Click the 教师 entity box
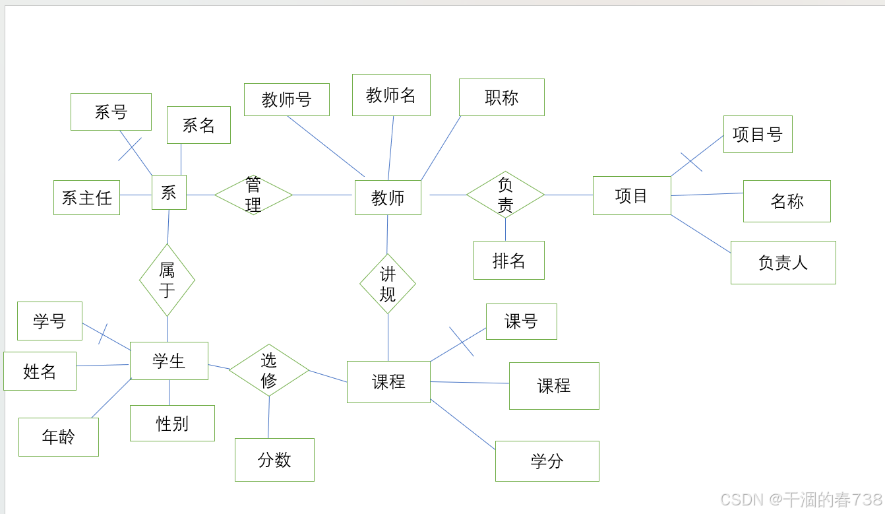pyautogui.click(x=388, y=197)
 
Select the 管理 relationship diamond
pyautogui.click(x=253, y=195)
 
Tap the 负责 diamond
pyautogui.click(x=505, y=195)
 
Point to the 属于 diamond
pyautogui.click(x=167, y=280)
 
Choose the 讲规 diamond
pyautogui.click(x=388, y=284)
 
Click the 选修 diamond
pyautogui.click(x=269, y=370)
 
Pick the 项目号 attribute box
pyautogui.click(x=758, y=135)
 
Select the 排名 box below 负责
pyautogui.click(x=509, y=260)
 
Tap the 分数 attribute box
pyautogui.click(x=274, y=460)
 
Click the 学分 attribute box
pyautogui.click(x=547, y=461)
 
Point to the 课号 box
pyautogui.click(x=522, y=321)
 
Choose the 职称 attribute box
pyautogui.click(x=502, y=98)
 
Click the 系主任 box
pyautogui.click(x=86, y=197)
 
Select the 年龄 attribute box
pyautogui.click(x=59, y=437)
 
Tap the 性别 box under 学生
pyautogui.click(x=172, y=424)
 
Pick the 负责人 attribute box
pyautogui.click(x=783, y=263)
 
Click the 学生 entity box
pyautogui.click(x=169, y=361)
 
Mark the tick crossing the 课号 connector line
pyautogui.click(x=462, y=342)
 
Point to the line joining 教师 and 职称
pyautogui.click(x=441, y=148)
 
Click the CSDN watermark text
pyautogui.click(x=801, y=499)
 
